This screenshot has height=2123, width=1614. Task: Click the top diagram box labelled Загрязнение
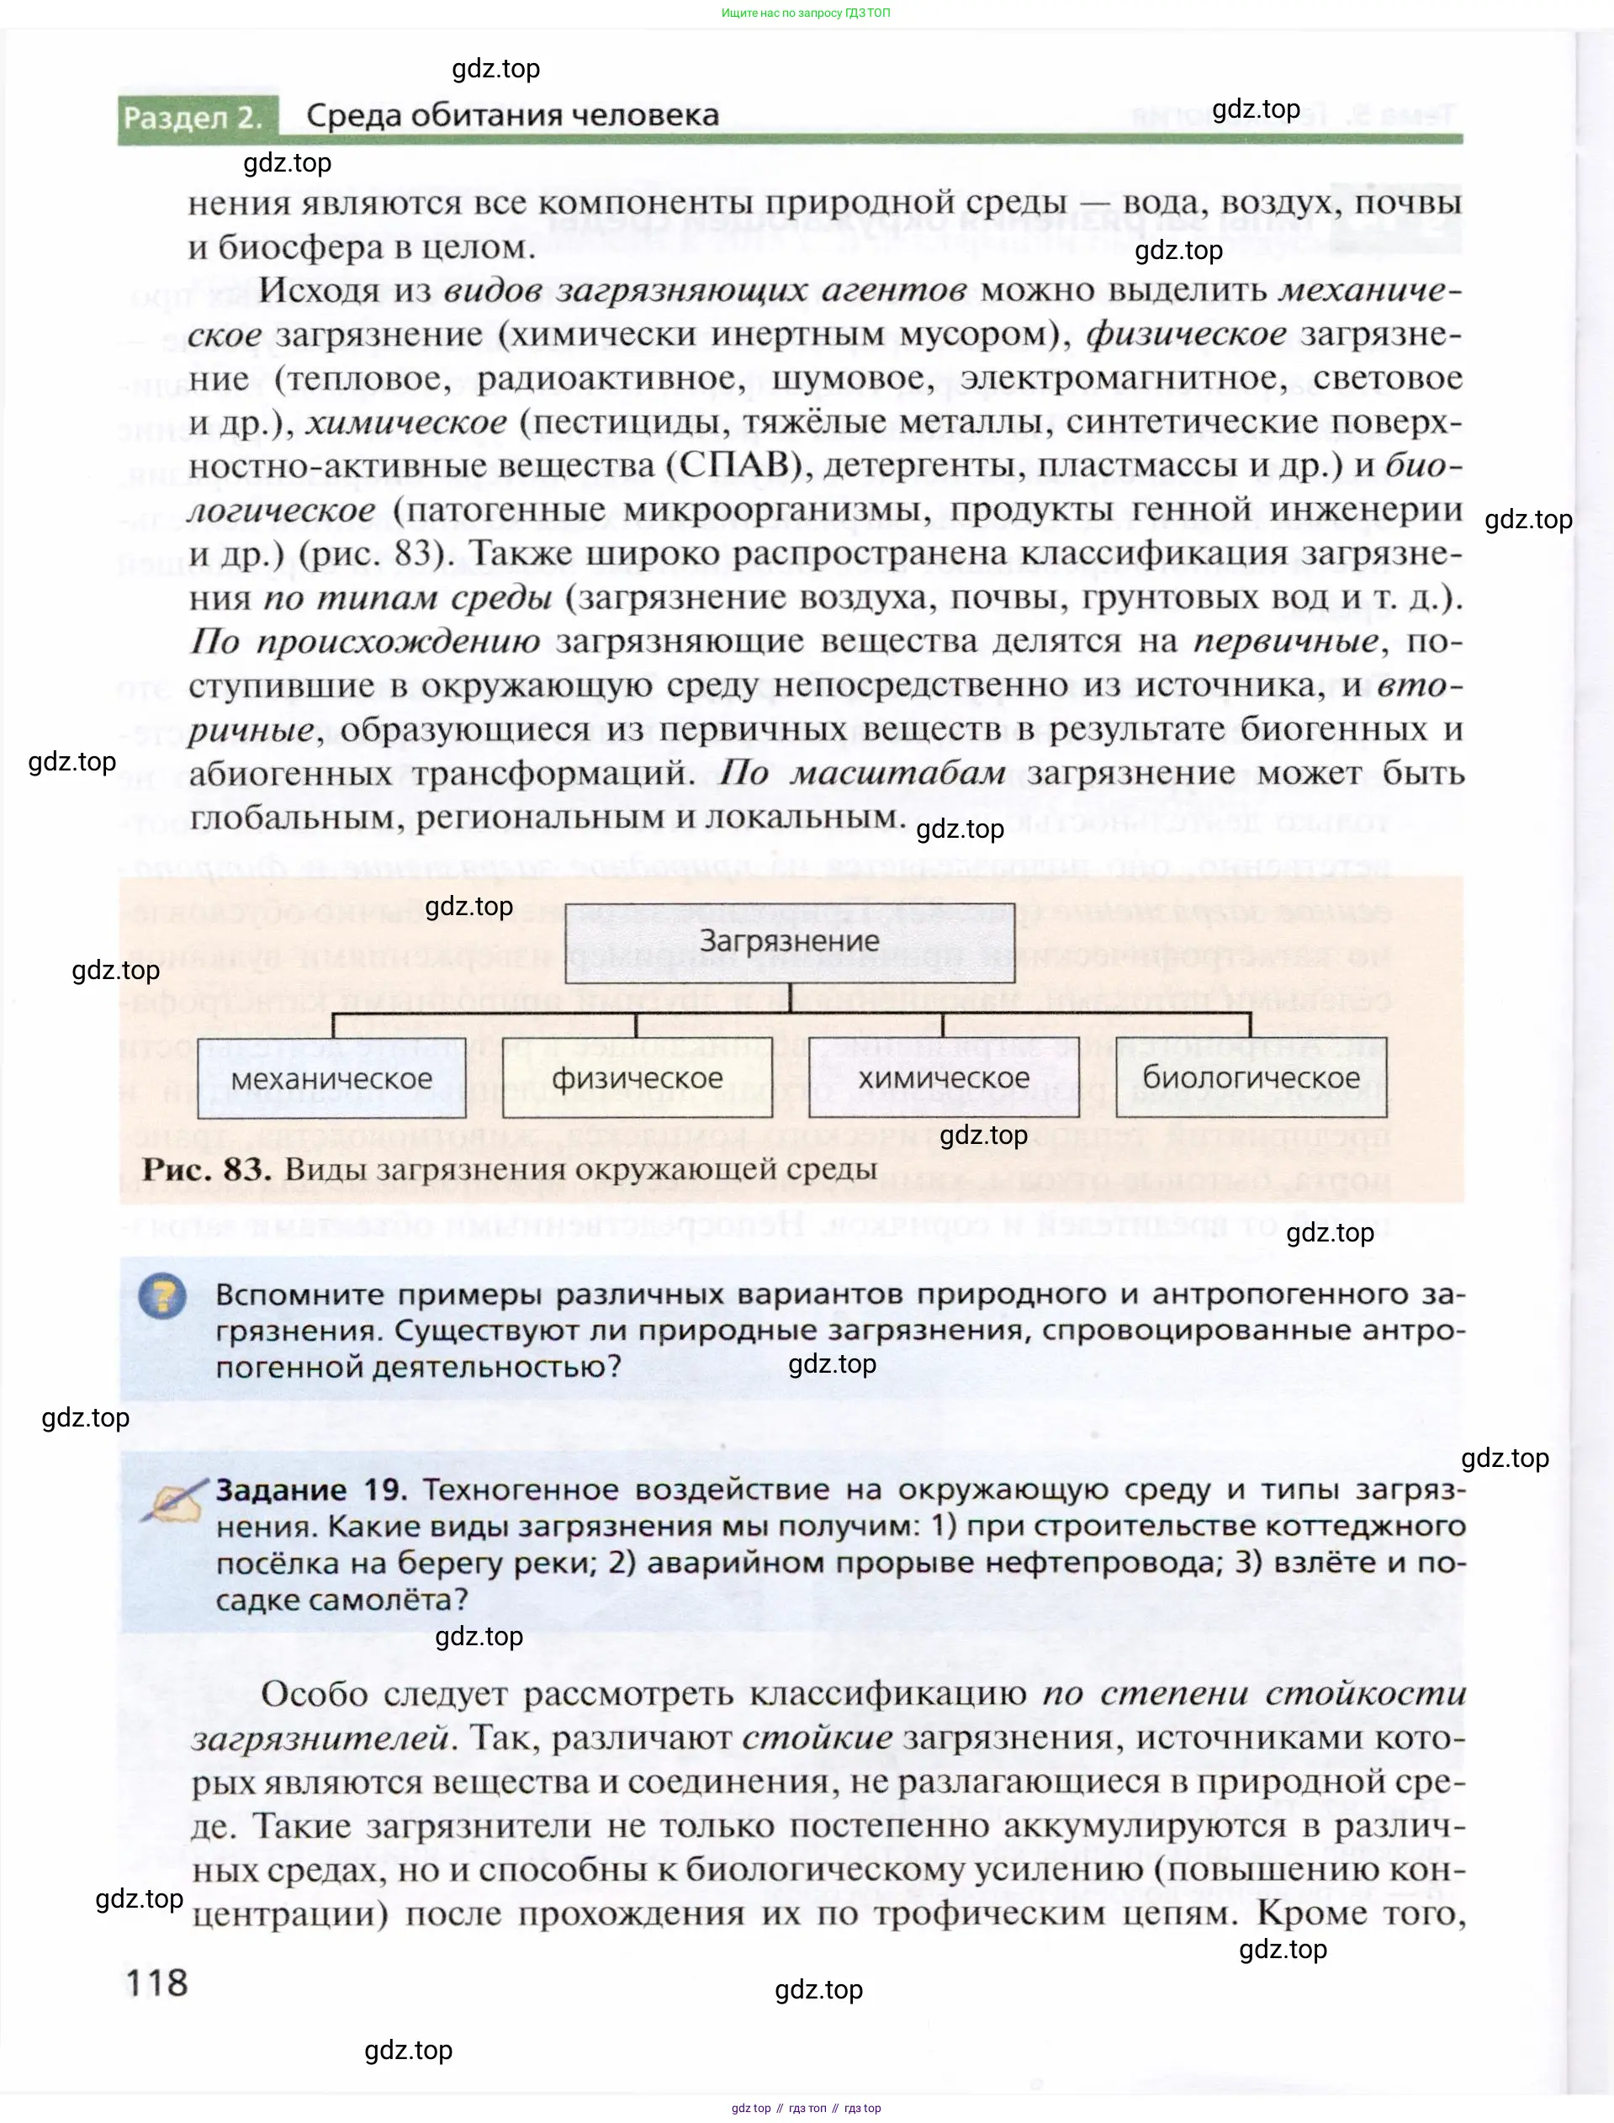tap(789, 942)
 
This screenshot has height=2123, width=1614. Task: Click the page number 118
tap(156, 1982)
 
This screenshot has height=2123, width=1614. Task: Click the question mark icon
tap(162, 1297)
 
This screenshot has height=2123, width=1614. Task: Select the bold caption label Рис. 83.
tap(207, 1169)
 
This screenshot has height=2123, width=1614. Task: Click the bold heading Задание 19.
tap(311, 1490)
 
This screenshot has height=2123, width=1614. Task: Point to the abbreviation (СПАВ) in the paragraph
tap(735, 465)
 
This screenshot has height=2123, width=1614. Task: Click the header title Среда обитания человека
tap(512, 115)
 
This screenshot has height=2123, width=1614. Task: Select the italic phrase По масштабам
tap(863, 772)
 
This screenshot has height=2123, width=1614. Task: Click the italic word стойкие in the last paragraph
tap(817, 1738)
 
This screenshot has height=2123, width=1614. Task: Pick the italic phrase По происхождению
tap(364, 641)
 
